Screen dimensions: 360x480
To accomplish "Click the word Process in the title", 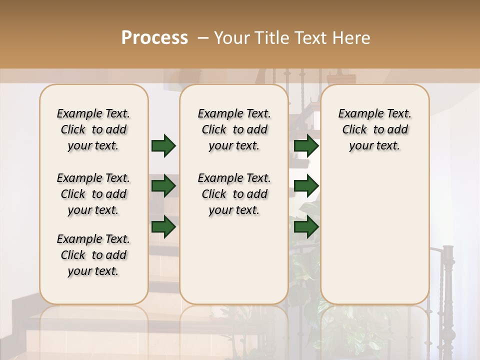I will pos(154,38).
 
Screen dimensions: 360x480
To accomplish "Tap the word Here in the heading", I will pos(352,38).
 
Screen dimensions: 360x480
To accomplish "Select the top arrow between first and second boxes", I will pos(163,146).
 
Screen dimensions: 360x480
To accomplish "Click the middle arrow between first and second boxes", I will pos(163,186).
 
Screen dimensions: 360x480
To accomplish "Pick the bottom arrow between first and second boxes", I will pos(163,226).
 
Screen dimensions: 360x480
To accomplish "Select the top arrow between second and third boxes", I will pos(306,146).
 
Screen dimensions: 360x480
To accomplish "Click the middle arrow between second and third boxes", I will pos(306,186).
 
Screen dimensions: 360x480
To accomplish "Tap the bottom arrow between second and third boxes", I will pos(306,226).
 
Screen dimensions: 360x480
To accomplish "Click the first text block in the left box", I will pos(93,129).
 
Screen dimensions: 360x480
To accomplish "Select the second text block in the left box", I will pos(93,194).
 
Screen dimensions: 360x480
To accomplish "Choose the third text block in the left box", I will pos(93,255).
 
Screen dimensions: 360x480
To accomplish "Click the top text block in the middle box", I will pos(234,129).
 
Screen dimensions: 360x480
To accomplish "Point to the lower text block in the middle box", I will pos(234,194).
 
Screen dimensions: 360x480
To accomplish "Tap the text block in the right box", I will pos(374,129).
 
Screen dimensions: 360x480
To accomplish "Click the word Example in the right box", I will pos(357,114).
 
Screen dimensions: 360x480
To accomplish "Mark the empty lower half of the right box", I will pos(374,235).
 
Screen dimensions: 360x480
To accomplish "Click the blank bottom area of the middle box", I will pos(234,260).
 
